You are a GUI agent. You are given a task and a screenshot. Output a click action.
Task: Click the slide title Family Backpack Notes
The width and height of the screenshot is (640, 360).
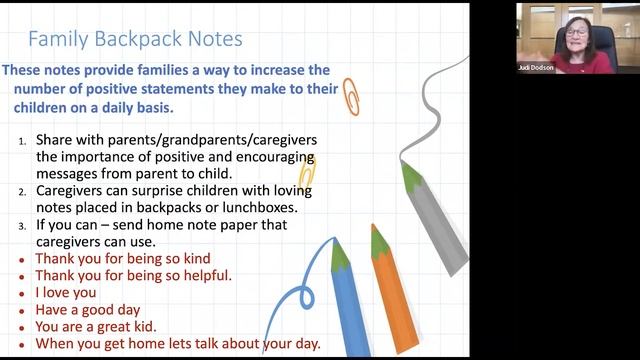(134, 40)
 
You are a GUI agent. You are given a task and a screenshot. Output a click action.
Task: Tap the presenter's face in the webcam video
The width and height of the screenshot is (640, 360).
(577, 34)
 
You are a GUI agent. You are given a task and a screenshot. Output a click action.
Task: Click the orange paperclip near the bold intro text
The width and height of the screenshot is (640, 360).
(350, 97)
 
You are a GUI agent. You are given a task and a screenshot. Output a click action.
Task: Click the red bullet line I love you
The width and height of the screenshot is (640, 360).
(66, 293)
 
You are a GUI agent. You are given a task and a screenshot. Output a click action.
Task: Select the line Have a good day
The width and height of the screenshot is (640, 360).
(87, 310)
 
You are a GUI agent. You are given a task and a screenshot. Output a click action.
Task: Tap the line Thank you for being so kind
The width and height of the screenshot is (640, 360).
(122, 258)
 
